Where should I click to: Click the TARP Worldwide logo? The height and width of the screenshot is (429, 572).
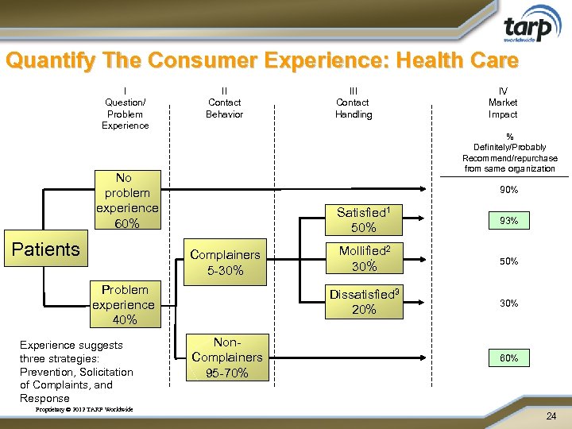[x=528, y=27]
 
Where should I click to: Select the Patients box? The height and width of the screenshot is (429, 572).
[x=46, y=249]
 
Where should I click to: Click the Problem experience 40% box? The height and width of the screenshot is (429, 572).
[x=124, y=304]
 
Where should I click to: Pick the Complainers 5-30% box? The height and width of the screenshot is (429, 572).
[x=225, y=263]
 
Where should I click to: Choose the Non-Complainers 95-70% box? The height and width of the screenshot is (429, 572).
[x=226, y=357]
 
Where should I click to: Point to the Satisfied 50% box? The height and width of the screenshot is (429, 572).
[x=364, y=220]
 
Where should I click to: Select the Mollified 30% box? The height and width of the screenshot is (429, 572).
[x=364, y=258]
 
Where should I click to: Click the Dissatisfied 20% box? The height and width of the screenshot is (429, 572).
[x=364, y=301]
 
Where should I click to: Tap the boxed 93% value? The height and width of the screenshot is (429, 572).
[x=508, y=221]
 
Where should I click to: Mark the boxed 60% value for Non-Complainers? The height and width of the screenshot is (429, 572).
[x=508, y=358]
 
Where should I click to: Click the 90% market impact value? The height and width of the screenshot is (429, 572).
[x=508, y=190]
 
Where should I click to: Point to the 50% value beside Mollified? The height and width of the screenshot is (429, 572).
[x=508, y=261]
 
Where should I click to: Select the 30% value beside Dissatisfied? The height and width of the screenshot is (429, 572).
[x=508, y=303]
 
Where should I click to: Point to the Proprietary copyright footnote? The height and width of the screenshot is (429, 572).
[x=85, y=410]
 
